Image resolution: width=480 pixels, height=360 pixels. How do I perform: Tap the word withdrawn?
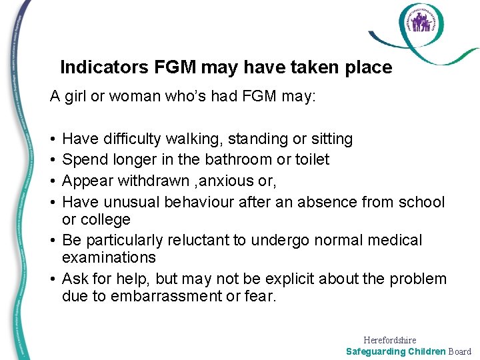[x=154, y=180]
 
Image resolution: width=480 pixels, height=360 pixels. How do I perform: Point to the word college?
[x=106, y=219]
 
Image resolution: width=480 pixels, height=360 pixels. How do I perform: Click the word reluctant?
[x=213, y=239]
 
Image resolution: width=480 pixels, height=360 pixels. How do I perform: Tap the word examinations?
[x=109, y=257]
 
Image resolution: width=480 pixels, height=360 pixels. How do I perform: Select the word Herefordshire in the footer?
[x=390, y=340]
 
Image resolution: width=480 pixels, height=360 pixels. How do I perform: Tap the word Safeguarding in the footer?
[x=376, y=351]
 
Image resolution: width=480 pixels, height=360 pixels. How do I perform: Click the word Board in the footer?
[x=459, y=351]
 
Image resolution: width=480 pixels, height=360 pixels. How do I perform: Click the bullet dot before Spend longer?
[x=52, y=160]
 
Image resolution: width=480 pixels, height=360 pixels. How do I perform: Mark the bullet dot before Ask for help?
[x=52, y=279]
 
